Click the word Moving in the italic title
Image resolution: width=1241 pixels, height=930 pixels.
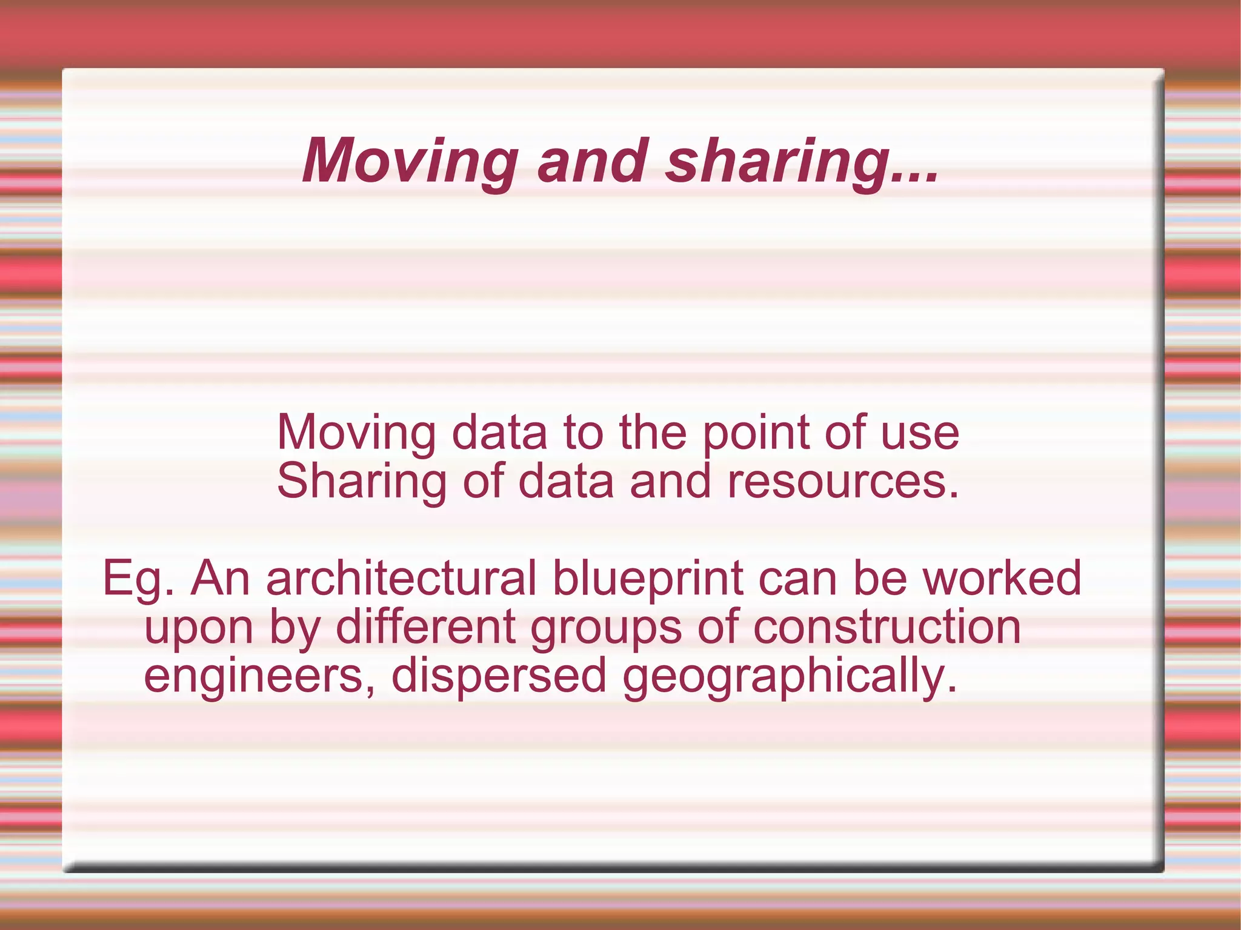pos(410,161)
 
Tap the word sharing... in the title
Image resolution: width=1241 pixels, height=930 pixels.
pos(801,161)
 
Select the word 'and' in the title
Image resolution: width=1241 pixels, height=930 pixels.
pos(592,161)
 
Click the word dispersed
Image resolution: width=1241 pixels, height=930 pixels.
pos(499,677)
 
